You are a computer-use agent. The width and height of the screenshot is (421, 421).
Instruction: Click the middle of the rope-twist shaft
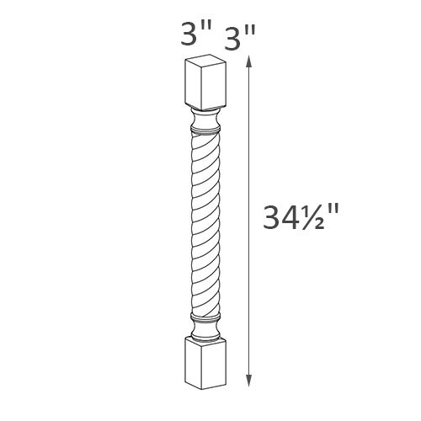pos(207,223)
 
